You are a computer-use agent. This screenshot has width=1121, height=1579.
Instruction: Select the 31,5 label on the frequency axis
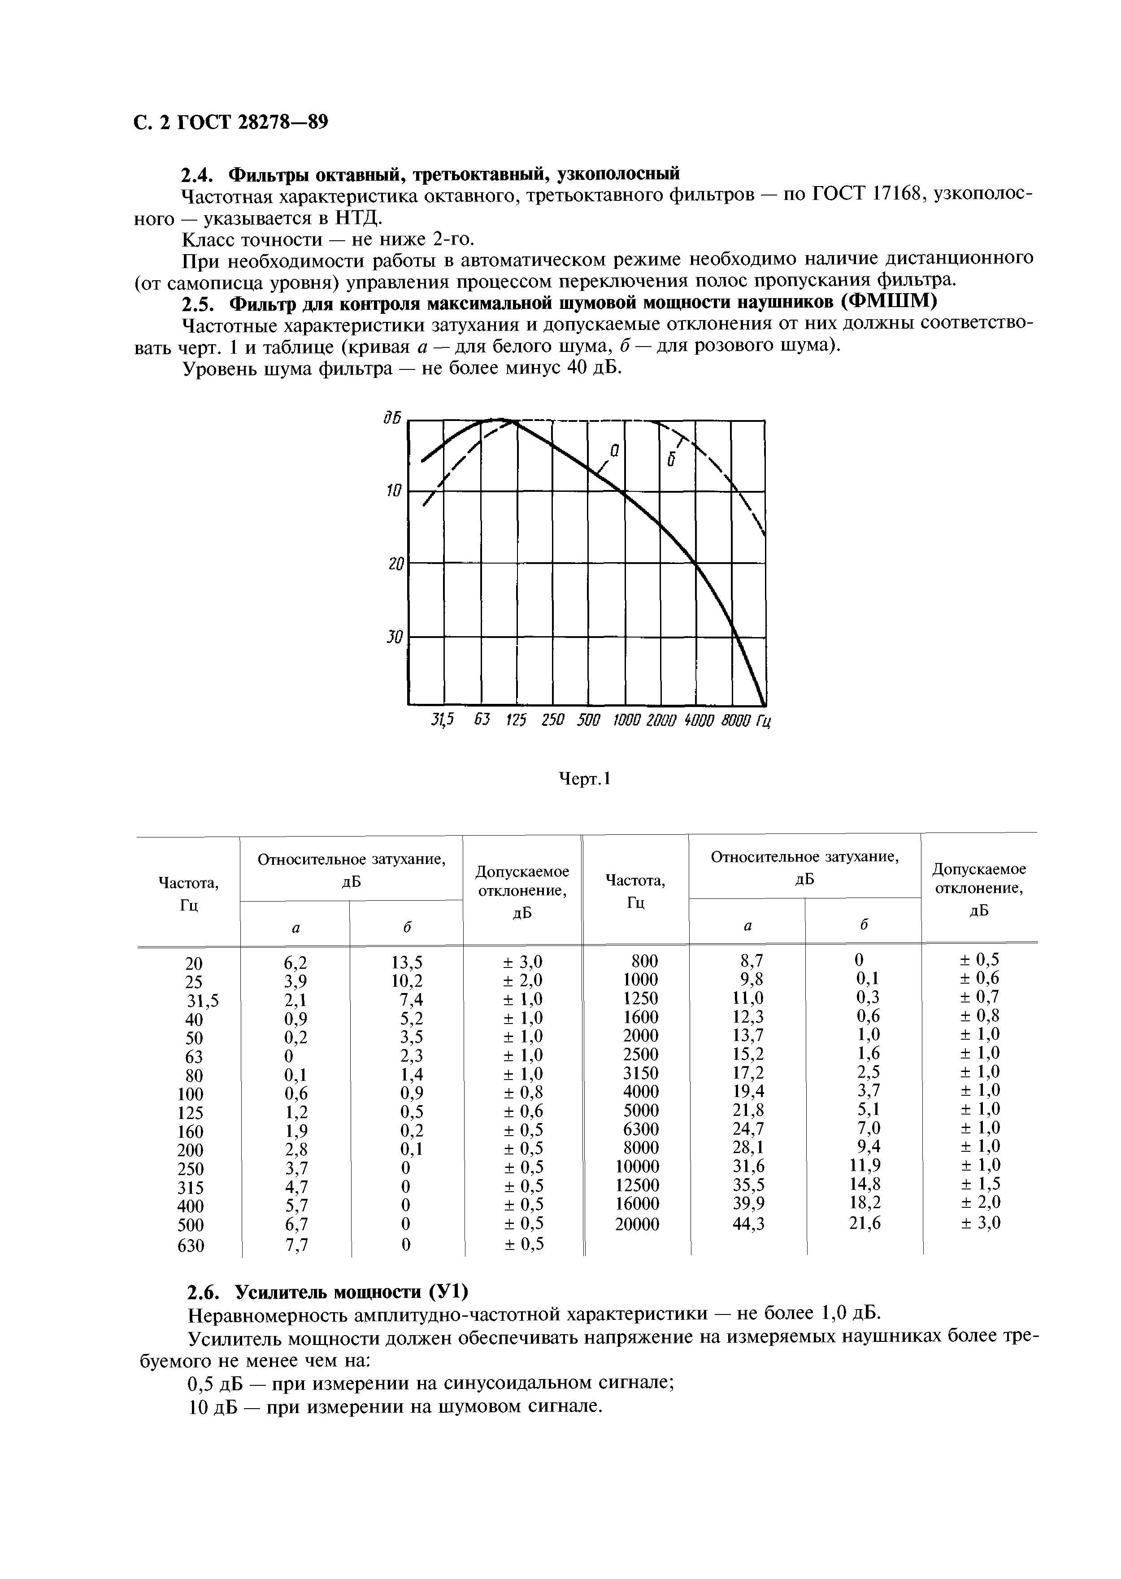point(443,720)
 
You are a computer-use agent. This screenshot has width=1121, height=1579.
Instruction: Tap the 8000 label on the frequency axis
point(734,720)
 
